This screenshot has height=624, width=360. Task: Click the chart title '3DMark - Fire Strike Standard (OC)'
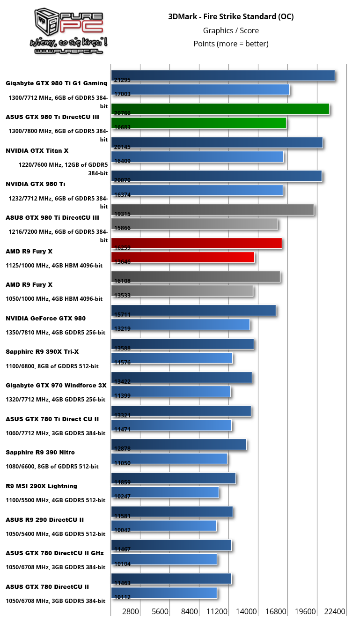point(231,17)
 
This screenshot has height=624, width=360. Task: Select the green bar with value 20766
point(220,109)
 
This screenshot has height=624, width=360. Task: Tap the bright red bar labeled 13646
point(183,257)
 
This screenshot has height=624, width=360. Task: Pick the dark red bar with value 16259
point(197,243)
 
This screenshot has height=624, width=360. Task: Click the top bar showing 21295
point(223,75)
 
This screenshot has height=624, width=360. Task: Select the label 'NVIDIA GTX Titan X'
point(37,150)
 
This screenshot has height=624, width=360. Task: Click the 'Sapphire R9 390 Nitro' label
point(40,452)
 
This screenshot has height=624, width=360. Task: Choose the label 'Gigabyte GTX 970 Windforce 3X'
point(56,385)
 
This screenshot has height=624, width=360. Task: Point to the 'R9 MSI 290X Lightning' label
point(42,486)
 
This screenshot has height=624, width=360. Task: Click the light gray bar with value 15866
point(194,224)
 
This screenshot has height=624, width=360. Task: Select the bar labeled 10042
point(164,526)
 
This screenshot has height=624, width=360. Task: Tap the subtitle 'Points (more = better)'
point(231,44)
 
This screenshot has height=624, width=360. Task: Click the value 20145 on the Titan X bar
point(122,147)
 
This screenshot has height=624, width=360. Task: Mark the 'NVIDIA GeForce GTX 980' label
point(46,318)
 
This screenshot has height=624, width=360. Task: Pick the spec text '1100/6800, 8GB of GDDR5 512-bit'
point(52,366)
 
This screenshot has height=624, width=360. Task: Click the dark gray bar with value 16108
point(196,276)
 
